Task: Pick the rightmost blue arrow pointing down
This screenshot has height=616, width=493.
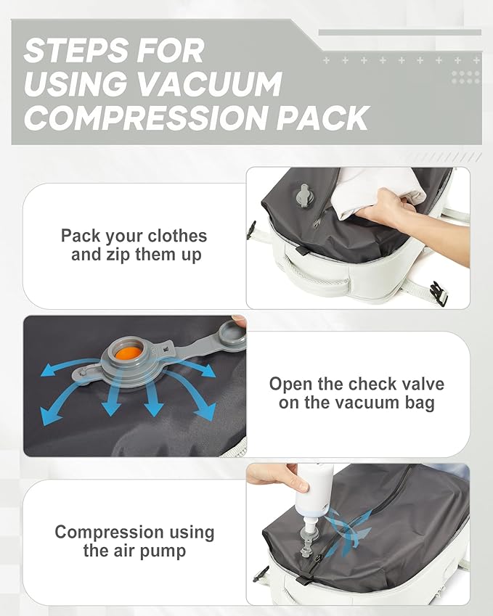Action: [x=201, y=409]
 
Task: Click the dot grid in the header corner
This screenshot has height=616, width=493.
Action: [x=465, y=76]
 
